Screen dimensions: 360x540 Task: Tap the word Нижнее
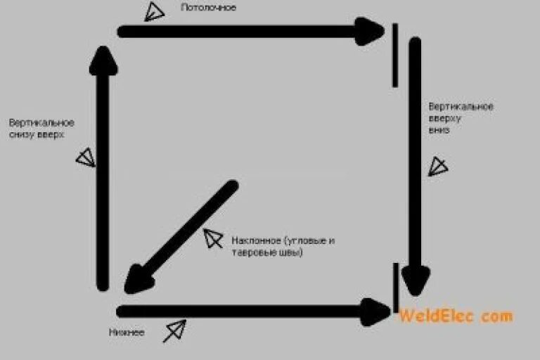[127, 332]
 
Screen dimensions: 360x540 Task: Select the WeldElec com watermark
[456, 316]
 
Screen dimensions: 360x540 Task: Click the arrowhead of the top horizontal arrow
[368, 31]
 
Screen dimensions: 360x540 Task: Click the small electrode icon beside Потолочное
[154, 12]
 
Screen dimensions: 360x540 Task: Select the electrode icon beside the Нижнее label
[175, 330]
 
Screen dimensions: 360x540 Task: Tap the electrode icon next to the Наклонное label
[211, 238]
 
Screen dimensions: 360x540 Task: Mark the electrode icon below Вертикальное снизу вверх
[85, 157]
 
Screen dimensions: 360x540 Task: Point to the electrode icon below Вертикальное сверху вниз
[438, 166]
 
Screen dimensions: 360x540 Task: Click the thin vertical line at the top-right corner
[395, 55]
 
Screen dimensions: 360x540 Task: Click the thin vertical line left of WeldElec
[396, 287]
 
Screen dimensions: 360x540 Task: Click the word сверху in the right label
[443, 118]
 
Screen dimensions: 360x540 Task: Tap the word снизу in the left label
[21, 134]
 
